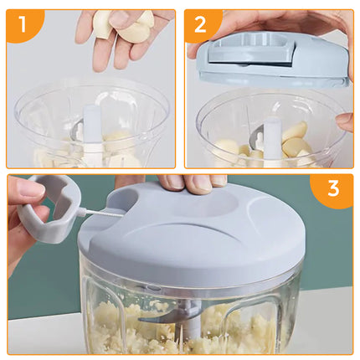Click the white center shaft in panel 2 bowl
tap(271, 139)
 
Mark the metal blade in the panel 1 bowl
tap(76, 131)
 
